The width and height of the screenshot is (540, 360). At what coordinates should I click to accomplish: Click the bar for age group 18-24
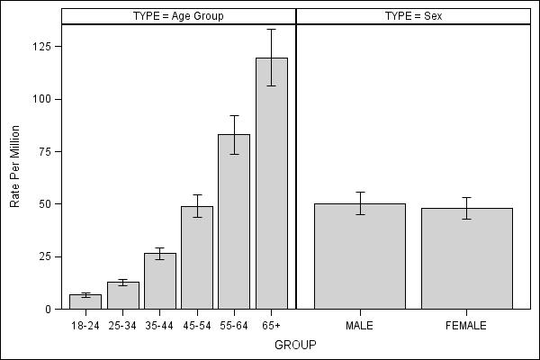point(85,301)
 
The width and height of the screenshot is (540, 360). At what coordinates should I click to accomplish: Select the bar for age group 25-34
point(122,295)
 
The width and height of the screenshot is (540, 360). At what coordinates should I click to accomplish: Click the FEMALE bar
point(466,258)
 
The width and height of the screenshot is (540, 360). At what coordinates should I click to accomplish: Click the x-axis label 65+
point(272,325)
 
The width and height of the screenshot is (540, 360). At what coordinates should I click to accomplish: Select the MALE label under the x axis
point(359,325)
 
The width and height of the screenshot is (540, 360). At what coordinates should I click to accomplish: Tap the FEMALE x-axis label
point(466,325)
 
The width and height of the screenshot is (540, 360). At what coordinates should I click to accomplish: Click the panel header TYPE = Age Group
point(178,16)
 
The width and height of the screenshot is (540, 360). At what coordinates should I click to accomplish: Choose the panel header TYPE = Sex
point(413,16)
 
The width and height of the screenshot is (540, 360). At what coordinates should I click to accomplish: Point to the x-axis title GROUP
point(295,345)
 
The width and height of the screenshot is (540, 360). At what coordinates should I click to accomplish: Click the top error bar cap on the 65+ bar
point(272,30)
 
